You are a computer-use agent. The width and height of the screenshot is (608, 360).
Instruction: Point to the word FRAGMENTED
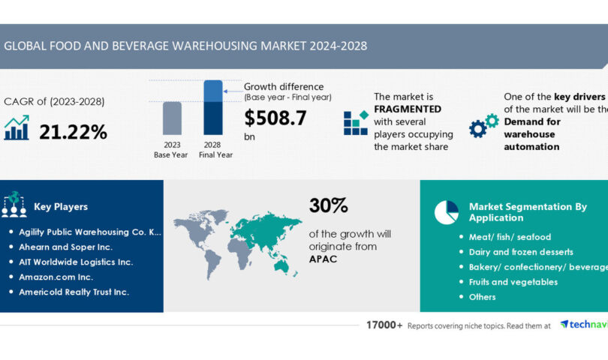point(408,108)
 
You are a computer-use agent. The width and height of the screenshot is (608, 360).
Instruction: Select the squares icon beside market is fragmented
point(356,122)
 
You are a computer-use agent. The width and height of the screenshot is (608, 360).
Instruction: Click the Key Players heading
point(61,206)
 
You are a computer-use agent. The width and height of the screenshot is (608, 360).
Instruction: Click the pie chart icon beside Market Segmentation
point(446,212)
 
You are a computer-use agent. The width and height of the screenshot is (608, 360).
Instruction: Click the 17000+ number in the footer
point(384,325)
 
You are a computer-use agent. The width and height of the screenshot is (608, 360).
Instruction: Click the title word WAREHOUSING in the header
point(212,46)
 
